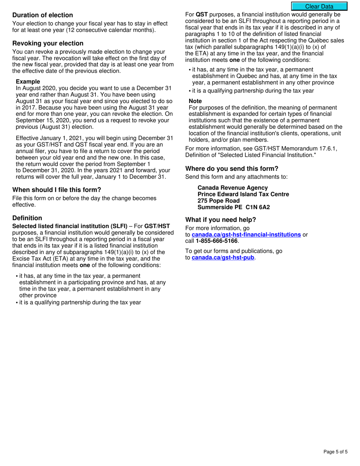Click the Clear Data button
(319, 6)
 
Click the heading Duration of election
(42, 15)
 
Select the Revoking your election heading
(48, 43)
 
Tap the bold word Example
(28, 81)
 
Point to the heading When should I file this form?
(56, 190)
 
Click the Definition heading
(27, 218)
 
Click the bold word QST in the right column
(202, 15)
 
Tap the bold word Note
(195, 101)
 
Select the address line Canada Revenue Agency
(232, 188)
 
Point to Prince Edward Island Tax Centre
(243, 194)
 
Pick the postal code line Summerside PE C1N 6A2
(233, 207)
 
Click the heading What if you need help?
(221, 220)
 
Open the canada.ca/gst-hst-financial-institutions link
(246, 235)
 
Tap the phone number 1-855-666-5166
(216, 241)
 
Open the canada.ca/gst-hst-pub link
(223, 258)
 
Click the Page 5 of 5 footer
(335, 452)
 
